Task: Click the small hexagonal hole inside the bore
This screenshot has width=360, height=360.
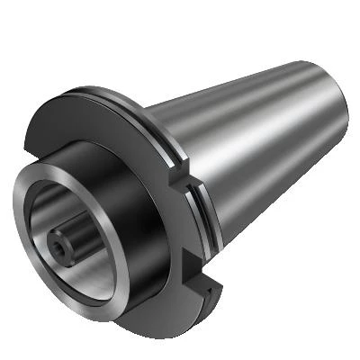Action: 62,242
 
